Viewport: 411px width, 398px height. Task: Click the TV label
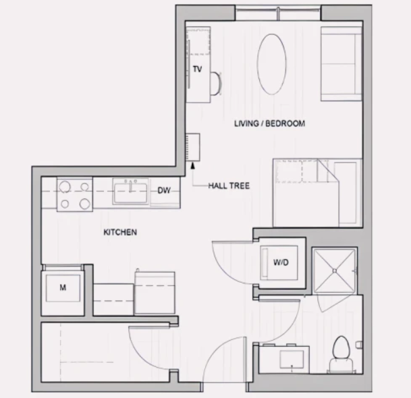197,69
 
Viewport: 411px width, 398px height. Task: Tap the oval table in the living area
271,64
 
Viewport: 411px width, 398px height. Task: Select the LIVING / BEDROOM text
269,123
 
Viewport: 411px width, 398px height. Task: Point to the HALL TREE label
229,186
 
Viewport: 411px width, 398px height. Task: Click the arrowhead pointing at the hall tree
193,165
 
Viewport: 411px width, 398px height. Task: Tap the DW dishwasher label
164,190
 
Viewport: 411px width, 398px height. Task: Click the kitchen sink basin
130,193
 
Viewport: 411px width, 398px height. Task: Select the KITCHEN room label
120,232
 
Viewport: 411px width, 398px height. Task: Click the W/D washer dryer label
281,262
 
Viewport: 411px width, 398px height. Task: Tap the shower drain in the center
335,271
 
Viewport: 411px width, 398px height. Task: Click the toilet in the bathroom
341,354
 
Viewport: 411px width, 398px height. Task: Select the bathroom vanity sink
292,360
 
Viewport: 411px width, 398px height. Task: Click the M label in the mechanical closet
63,287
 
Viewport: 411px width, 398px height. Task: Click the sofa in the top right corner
341,63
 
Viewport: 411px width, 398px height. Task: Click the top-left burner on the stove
65,187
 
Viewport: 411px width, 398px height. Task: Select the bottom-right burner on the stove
84,204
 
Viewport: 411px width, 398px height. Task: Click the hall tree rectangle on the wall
193,147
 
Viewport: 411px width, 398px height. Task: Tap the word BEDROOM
285,123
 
